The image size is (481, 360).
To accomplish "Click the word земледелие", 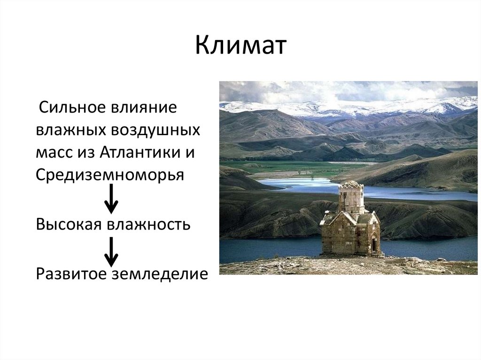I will point(159,273).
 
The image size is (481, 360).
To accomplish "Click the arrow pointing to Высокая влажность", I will point(111,199).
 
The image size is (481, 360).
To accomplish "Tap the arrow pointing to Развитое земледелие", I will point(111,251).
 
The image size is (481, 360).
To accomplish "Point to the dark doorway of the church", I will point(374,244).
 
